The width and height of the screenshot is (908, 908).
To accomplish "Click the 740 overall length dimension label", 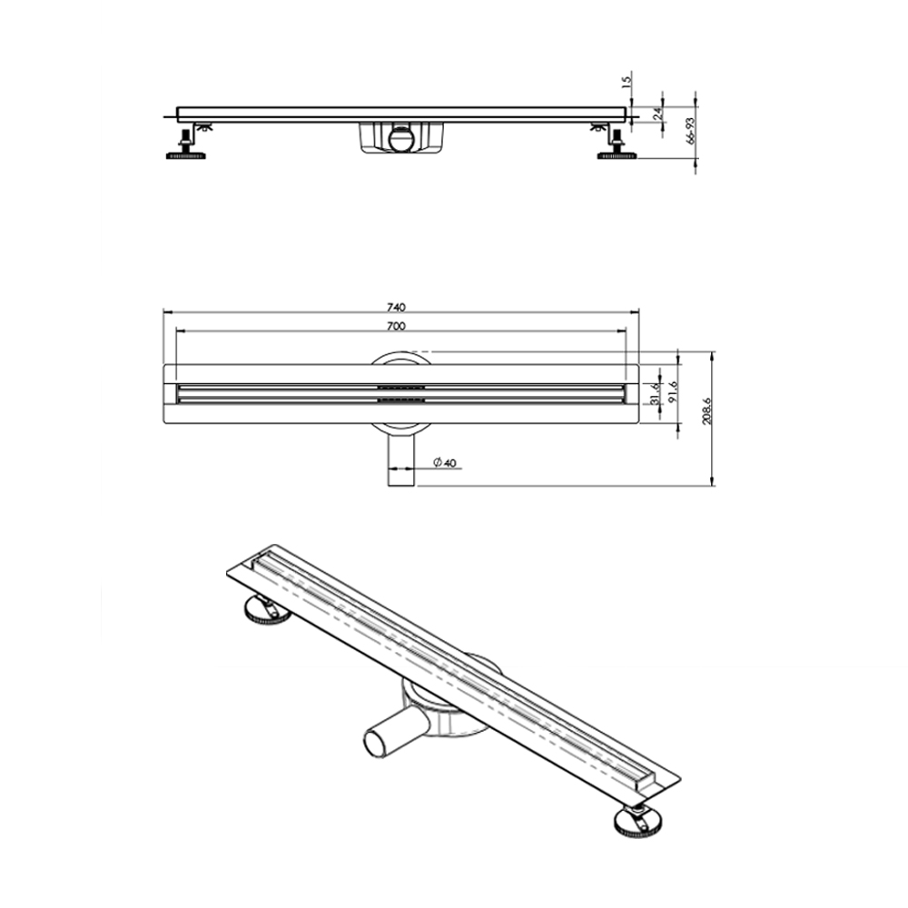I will [396, 306].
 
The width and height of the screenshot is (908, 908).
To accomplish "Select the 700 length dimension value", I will [396, 325].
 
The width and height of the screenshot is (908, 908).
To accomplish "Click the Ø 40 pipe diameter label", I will [443, 463].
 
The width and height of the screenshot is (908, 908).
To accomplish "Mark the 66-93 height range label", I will [691, 130].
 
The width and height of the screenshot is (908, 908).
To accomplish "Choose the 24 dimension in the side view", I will [657, 113].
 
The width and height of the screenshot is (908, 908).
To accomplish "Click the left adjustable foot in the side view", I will [188, 146].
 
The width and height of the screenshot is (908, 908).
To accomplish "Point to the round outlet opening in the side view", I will [400, 139].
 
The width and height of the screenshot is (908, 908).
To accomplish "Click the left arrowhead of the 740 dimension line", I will [166, 312].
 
